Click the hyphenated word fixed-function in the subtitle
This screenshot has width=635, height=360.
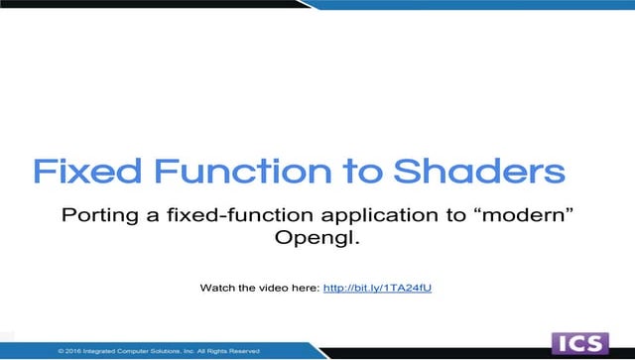217,215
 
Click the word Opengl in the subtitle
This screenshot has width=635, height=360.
311,239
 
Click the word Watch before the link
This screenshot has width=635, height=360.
217,288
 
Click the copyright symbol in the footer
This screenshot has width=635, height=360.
62,350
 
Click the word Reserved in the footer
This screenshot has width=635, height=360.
241,350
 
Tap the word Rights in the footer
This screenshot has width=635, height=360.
215,350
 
